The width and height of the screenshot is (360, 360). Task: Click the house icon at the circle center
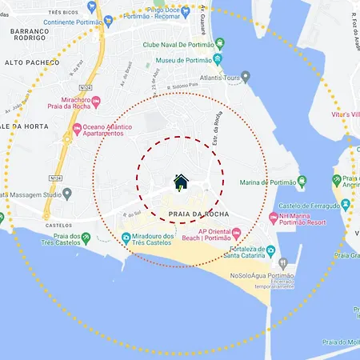pyautogui.click(x=181, y=182)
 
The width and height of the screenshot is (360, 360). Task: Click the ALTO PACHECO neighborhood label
pyautogui.click(x=32, y=62)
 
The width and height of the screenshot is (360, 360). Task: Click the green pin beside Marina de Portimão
pyautogui.click(x=302, y=182)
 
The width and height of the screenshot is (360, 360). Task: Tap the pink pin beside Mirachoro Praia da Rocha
pyautogui.click(x=97, y=102)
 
